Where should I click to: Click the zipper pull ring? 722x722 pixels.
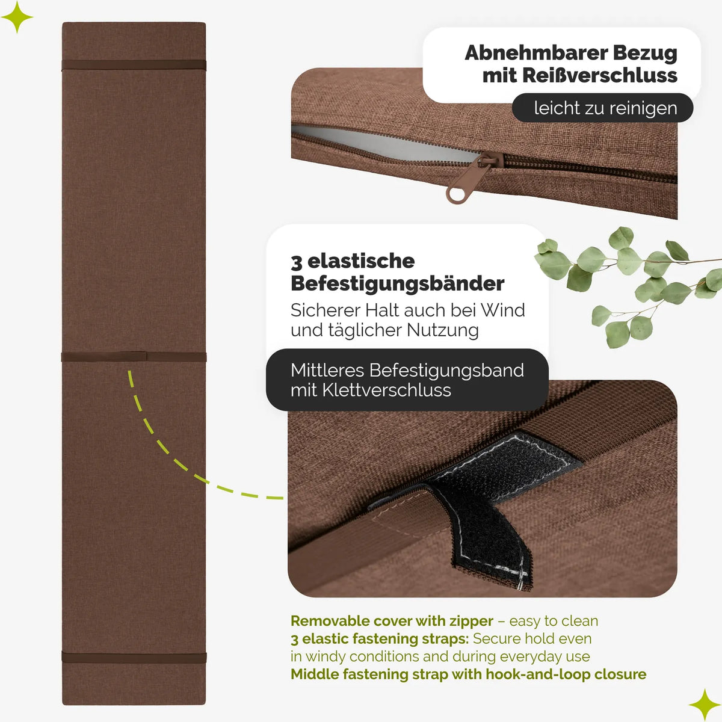click(454, 195)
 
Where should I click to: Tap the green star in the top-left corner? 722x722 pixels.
click(17, 17)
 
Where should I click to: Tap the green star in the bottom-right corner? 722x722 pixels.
click(705, 705)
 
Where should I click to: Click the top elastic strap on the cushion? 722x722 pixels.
click(134, 65)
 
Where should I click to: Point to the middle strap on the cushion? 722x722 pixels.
click(134, 356)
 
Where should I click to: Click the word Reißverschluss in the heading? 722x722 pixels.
click(599, 76)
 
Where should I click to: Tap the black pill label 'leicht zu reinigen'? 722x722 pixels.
click(602, 108)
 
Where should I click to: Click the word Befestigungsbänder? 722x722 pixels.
click(397, 283)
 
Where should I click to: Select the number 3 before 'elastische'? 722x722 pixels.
click(296, 262)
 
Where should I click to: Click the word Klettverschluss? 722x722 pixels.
click(387, 390)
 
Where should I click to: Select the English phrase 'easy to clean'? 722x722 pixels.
click(554, 621)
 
